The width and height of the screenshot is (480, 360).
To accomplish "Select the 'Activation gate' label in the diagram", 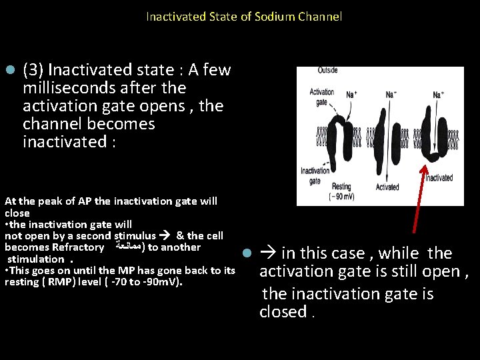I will point(321,96).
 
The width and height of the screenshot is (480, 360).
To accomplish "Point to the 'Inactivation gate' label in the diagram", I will point(315,175).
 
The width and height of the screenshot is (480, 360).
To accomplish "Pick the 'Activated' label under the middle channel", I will point(387,187).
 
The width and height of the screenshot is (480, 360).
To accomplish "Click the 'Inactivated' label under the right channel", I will point(439,178).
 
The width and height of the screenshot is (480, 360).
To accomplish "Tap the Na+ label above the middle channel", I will point(392,95).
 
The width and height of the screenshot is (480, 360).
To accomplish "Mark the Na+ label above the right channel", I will point(438,95).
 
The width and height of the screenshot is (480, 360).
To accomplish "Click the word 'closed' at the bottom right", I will point(281,312).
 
